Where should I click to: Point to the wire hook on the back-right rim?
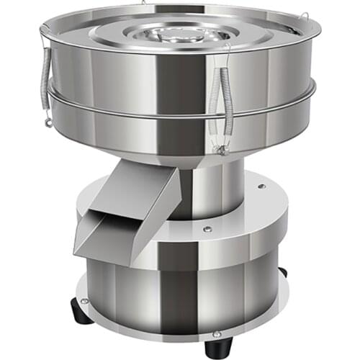pos(303,16)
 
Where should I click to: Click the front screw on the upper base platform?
pos(207,230)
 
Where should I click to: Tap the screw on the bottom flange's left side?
pos(85,300)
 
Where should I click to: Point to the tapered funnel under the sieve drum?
pos(180,148)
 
